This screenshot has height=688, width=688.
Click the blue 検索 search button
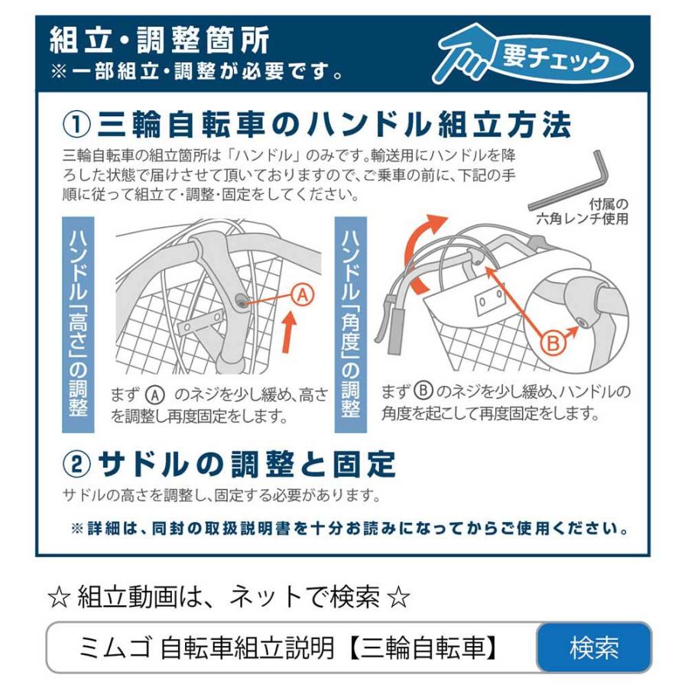coord(594,647)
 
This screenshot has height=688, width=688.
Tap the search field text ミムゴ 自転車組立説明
coord(290,648)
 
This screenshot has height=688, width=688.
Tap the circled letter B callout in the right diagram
coord(553,343)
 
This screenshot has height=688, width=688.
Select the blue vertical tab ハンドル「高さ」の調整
coord(78,324)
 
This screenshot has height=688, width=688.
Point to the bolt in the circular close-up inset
coord(583,323)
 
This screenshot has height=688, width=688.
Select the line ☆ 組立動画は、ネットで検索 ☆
coord(229,597)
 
